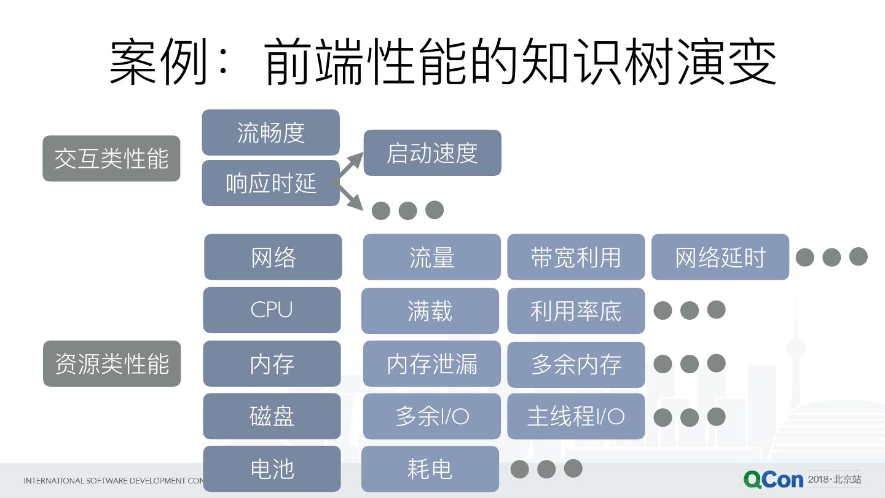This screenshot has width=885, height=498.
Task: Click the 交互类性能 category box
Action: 111,159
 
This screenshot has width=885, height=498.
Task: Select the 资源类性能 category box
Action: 112,363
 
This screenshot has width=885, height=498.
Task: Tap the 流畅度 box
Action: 270,132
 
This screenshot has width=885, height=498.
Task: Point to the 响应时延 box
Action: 270,183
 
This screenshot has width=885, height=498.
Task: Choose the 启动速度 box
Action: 432,153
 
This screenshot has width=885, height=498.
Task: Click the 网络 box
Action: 273,257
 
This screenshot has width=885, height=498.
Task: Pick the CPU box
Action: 272,310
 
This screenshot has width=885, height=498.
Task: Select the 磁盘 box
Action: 272,416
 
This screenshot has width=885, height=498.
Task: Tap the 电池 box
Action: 272,469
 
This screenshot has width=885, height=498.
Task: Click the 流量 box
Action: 431,257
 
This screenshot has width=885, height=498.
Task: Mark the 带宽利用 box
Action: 576,257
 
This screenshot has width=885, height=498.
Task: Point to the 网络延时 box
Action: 720,257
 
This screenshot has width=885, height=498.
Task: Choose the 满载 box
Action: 430,310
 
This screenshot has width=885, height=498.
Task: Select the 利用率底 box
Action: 576,310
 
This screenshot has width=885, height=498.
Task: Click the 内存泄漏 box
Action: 431,364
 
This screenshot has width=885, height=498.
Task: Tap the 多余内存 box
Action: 576,364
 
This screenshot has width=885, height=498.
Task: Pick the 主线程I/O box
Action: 576,416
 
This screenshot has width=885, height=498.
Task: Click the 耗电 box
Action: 430,469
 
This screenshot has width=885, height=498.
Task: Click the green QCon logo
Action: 773,480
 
